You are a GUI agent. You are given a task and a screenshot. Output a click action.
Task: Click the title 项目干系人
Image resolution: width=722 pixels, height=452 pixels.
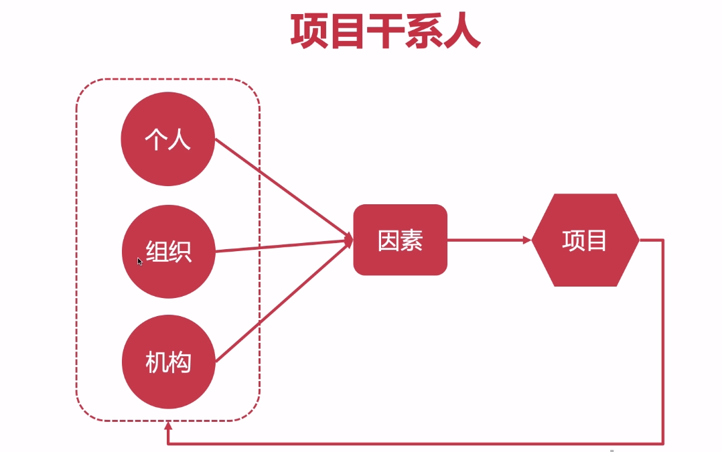[385, 32]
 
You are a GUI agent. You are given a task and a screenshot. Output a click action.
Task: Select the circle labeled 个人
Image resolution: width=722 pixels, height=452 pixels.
[167, 139]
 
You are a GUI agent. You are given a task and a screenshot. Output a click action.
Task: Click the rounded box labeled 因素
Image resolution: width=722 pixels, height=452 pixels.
[400, 240]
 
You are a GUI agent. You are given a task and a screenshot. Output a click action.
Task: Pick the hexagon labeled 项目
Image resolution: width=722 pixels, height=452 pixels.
[585, 240]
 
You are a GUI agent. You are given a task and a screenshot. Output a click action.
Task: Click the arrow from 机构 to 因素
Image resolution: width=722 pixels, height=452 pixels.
[281, 301]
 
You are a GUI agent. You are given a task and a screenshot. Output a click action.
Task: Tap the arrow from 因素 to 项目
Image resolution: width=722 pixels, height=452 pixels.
[486, 239]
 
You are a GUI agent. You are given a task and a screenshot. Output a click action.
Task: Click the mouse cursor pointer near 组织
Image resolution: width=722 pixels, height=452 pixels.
[139, 261]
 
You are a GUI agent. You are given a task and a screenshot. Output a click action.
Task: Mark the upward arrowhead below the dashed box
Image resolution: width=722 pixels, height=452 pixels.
[168, 427]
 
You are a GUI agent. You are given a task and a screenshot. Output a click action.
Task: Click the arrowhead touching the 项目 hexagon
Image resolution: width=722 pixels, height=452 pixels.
[526, 239]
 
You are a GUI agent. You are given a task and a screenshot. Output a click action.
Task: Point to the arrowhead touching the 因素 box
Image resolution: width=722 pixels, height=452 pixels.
[349, 239]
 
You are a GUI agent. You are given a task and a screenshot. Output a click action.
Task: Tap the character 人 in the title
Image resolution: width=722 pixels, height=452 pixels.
[461, 32]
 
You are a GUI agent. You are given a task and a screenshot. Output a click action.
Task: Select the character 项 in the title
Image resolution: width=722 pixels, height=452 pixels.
[309, 32]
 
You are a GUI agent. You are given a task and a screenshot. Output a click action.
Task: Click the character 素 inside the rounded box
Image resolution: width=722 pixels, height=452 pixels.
[411, 240]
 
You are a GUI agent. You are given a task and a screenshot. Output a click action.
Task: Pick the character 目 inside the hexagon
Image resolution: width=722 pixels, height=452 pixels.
[596, 240]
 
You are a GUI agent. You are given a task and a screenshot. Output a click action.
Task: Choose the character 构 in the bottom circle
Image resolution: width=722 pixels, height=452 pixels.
[179, 362]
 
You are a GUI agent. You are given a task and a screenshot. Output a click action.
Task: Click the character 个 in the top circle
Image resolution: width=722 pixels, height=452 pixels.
[155, 139]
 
